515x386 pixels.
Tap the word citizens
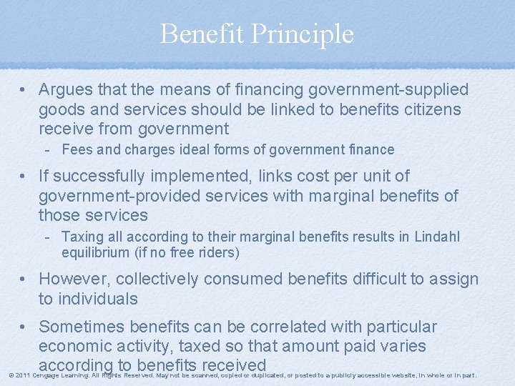pos(428,110)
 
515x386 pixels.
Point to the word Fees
pos(77,150)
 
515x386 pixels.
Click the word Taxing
pos(82,237)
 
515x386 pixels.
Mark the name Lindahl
pos(438,237)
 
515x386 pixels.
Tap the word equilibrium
pos(97,252)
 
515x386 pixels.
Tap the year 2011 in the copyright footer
pos(22,375)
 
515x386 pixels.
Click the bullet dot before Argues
pos(24,91)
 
